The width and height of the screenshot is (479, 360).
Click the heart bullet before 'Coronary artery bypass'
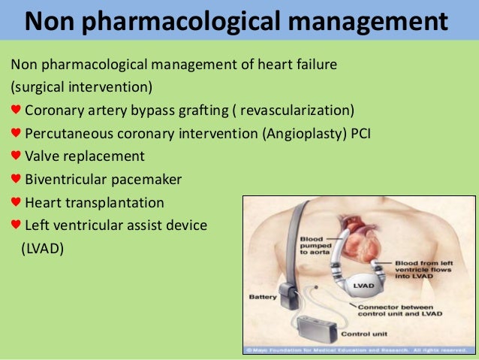point(16,111)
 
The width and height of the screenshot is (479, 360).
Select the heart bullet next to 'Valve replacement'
point(16,156)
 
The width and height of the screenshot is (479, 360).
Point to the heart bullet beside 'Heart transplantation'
point(16,202)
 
